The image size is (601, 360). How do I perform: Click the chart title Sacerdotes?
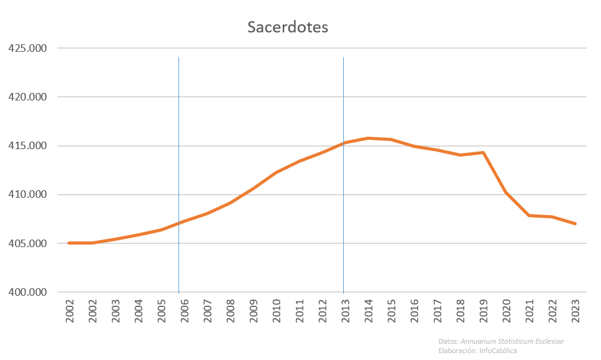click(287, 27)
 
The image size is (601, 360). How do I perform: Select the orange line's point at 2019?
click(483, 152)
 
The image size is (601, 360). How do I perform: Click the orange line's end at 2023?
click(575, 223)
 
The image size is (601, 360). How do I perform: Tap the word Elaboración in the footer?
click(457, 351)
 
